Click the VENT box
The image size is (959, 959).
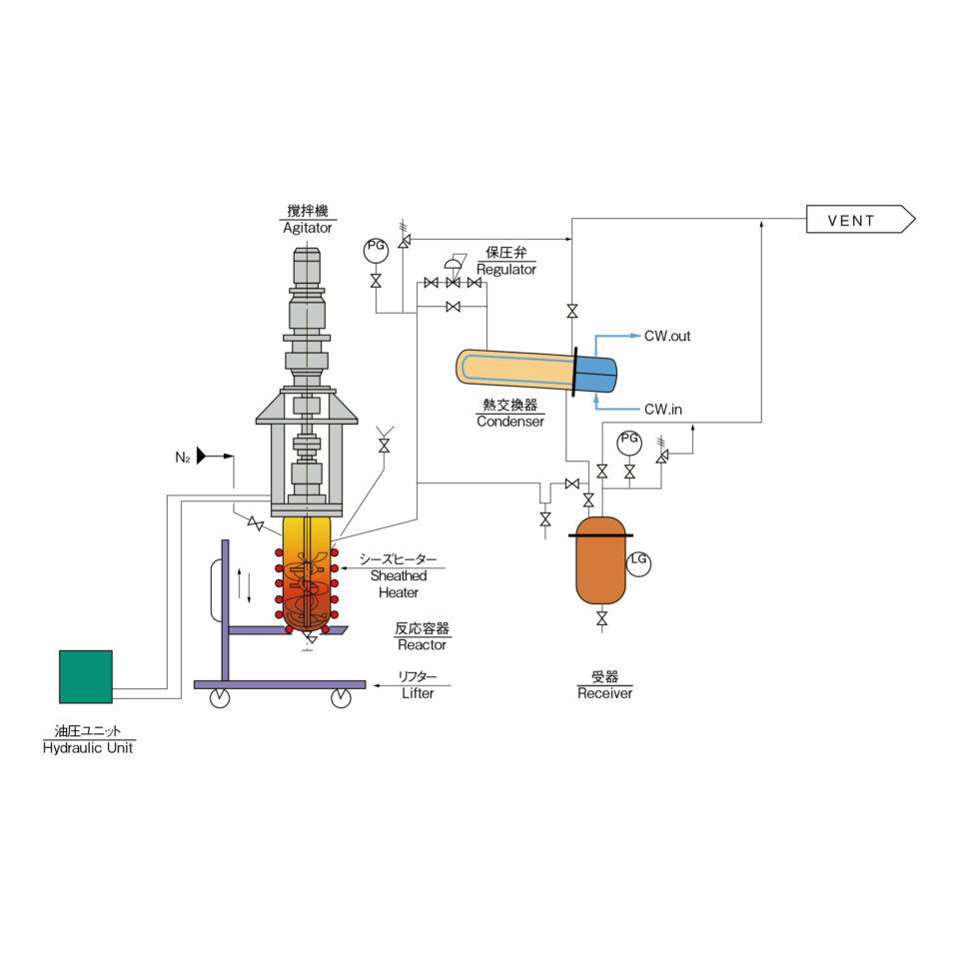pos(860,219)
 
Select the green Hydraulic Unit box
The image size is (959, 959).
pos(86,676)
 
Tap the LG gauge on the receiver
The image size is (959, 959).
pos(638,563)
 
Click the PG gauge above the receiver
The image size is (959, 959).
pos(629,444)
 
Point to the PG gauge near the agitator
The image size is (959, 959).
pos(376,250)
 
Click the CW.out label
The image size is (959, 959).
pos(667,336)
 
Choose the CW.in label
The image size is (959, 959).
pos(663,410)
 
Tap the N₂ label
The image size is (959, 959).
pos(182,458)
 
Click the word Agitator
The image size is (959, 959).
pos(307,228)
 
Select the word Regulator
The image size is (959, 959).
pos(505,269)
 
